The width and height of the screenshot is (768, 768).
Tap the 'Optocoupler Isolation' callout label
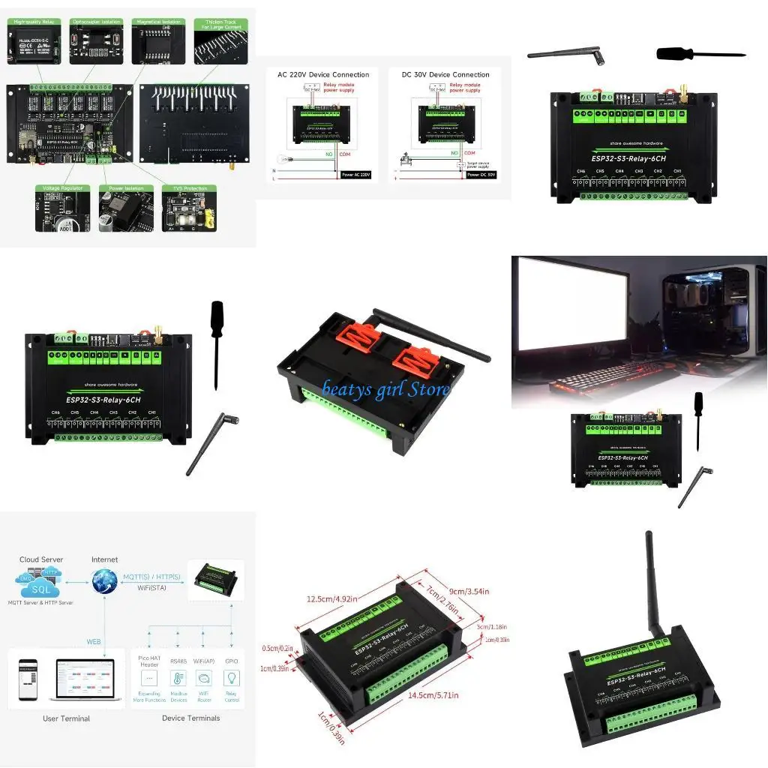pyautogui.click(x=97, y=23)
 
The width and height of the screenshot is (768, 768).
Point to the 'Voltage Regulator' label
pyautogui.click(x=62, y=188)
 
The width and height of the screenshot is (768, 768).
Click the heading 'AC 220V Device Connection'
pyautogui.click(x=323, y=75)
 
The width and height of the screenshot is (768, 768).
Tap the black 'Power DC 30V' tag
pyautogui.click(x=481, y=174)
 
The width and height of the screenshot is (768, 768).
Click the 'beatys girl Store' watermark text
pyautogui.click(x=385, y=389)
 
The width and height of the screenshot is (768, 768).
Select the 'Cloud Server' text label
pyautogui.click(x=41, y=559)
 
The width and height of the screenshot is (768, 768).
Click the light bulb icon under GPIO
pyautogui.click(x=232, y=676)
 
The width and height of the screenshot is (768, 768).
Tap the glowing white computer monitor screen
pyautogui.click(x=578, y=307)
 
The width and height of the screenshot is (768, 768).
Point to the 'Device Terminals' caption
pyautogui.click(x=190, y=718)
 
